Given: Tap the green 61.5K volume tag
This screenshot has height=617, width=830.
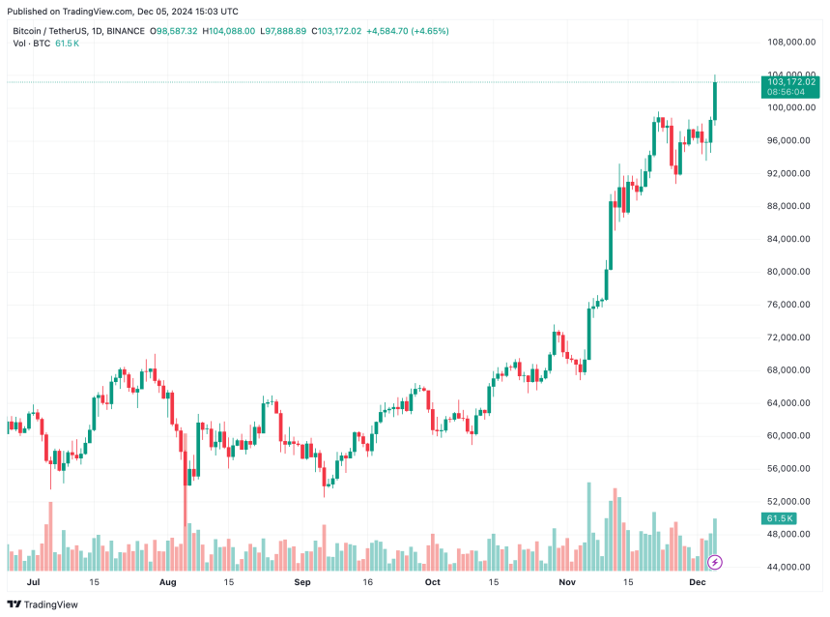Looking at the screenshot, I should coord(779,519).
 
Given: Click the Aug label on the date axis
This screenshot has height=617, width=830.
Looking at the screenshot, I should coord(168,583).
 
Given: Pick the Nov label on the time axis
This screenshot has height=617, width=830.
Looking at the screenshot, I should coord(566,583).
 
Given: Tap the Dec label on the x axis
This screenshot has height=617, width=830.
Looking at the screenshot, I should coord(698,583).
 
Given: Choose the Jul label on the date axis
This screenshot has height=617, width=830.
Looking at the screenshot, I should coord(34,583).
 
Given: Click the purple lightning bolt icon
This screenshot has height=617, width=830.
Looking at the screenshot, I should coord(715,562).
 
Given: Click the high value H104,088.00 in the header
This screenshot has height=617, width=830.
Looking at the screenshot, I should coord(228,31).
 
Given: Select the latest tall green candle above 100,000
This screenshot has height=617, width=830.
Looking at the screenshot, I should coord(715,101).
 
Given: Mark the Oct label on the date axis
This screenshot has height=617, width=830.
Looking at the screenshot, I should coord(432,583).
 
